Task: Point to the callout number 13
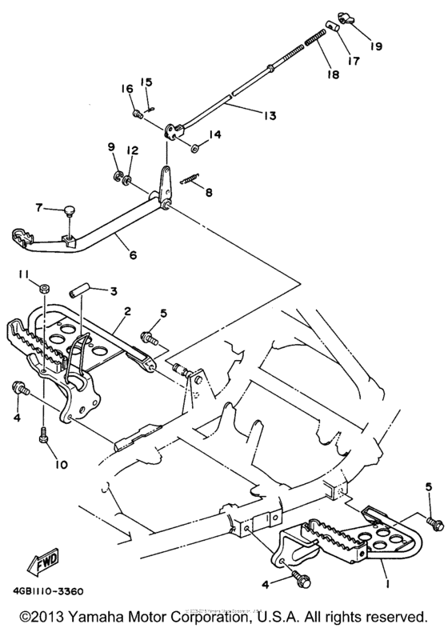point(269,115)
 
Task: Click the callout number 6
point(132,255)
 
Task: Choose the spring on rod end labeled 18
point(318,38)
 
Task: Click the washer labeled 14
point(195,147)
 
